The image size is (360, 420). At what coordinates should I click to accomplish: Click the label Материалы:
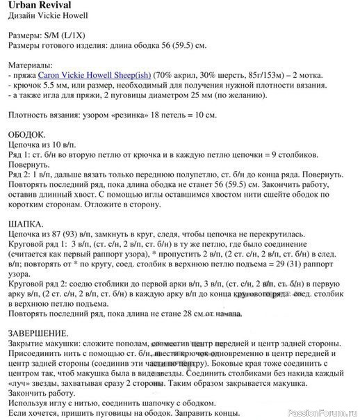point(31,63)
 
